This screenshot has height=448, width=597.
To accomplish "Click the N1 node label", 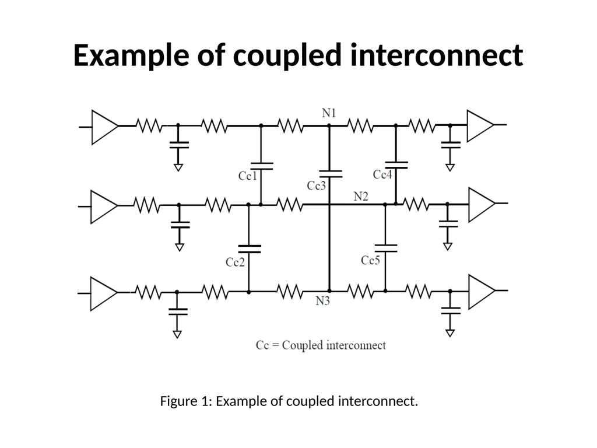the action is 329,113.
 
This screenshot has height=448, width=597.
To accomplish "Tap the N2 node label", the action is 361,196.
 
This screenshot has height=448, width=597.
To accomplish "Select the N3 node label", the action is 322,301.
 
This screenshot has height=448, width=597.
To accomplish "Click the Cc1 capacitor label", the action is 248,176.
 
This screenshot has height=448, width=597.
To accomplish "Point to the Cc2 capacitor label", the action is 236,262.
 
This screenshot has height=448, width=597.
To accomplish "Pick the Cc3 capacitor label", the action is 317,185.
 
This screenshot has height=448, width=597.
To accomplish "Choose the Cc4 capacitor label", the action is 382,174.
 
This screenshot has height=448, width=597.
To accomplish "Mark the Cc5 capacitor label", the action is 370,260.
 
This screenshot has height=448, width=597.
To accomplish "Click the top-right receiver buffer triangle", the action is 480,126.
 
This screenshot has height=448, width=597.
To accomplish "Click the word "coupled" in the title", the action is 287,55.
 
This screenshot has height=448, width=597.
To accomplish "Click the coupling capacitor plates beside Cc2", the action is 250,249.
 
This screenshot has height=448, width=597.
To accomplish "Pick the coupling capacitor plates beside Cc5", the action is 386,249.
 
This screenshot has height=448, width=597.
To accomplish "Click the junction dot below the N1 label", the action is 329,125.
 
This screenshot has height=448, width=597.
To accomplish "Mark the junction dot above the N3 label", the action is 329,290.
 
